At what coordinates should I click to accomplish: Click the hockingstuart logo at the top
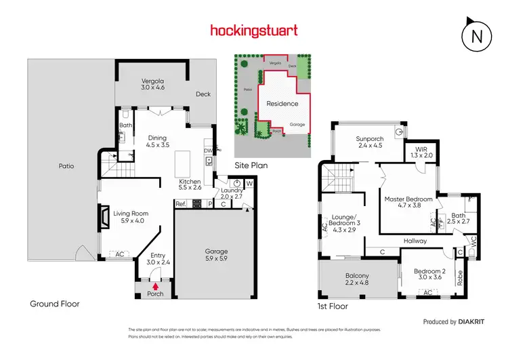(x=254, y=31)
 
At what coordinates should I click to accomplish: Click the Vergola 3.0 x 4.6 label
(x=152, y=83)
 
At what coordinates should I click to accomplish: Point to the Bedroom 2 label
(x=430, y=275)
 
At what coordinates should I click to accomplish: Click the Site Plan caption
(x=251, y=165)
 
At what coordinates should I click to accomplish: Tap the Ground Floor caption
(x=55, y=304)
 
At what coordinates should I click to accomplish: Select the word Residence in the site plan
(x=282, y=104)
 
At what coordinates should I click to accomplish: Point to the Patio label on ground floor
(x=66, y=165)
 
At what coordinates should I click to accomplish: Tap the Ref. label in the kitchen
(x=181, y=203)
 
